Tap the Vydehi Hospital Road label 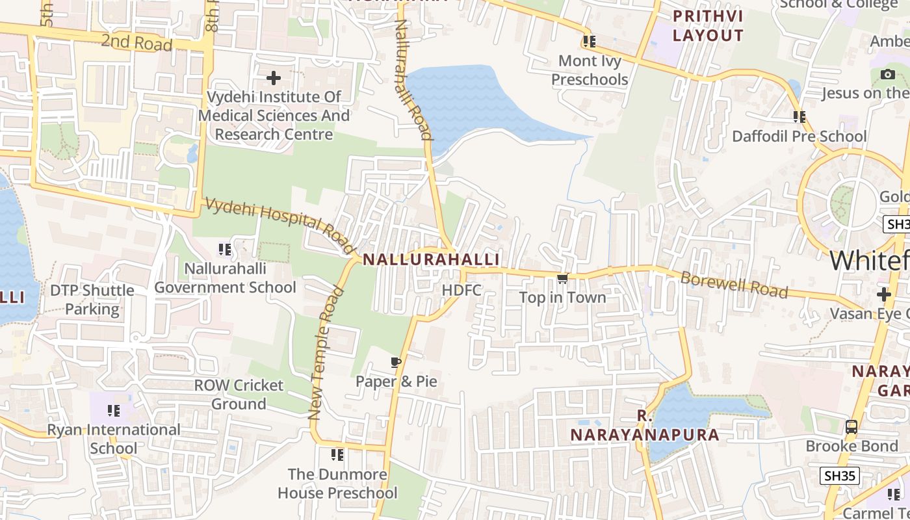click(280, 226)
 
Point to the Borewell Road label click(734, 285)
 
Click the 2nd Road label click(136, 43)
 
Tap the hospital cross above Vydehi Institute click(274, 79)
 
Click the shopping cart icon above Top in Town click(562, 279)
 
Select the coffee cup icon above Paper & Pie click(396, 362)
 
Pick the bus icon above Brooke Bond click(851, 427)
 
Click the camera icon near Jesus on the click(888, 75)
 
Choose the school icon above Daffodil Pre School click(799, 117)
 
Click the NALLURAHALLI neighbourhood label click(431, 259)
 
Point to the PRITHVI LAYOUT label click(708, 25)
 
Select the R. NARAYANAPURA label click(645, 426)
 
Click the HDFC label click(461, 290)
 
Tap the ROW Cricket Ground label click(239, 394)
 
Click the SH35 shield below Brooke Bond click(839, 475)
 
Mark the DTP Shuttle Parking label click(92, 300)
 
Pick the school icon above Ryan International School click(114, 411)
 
